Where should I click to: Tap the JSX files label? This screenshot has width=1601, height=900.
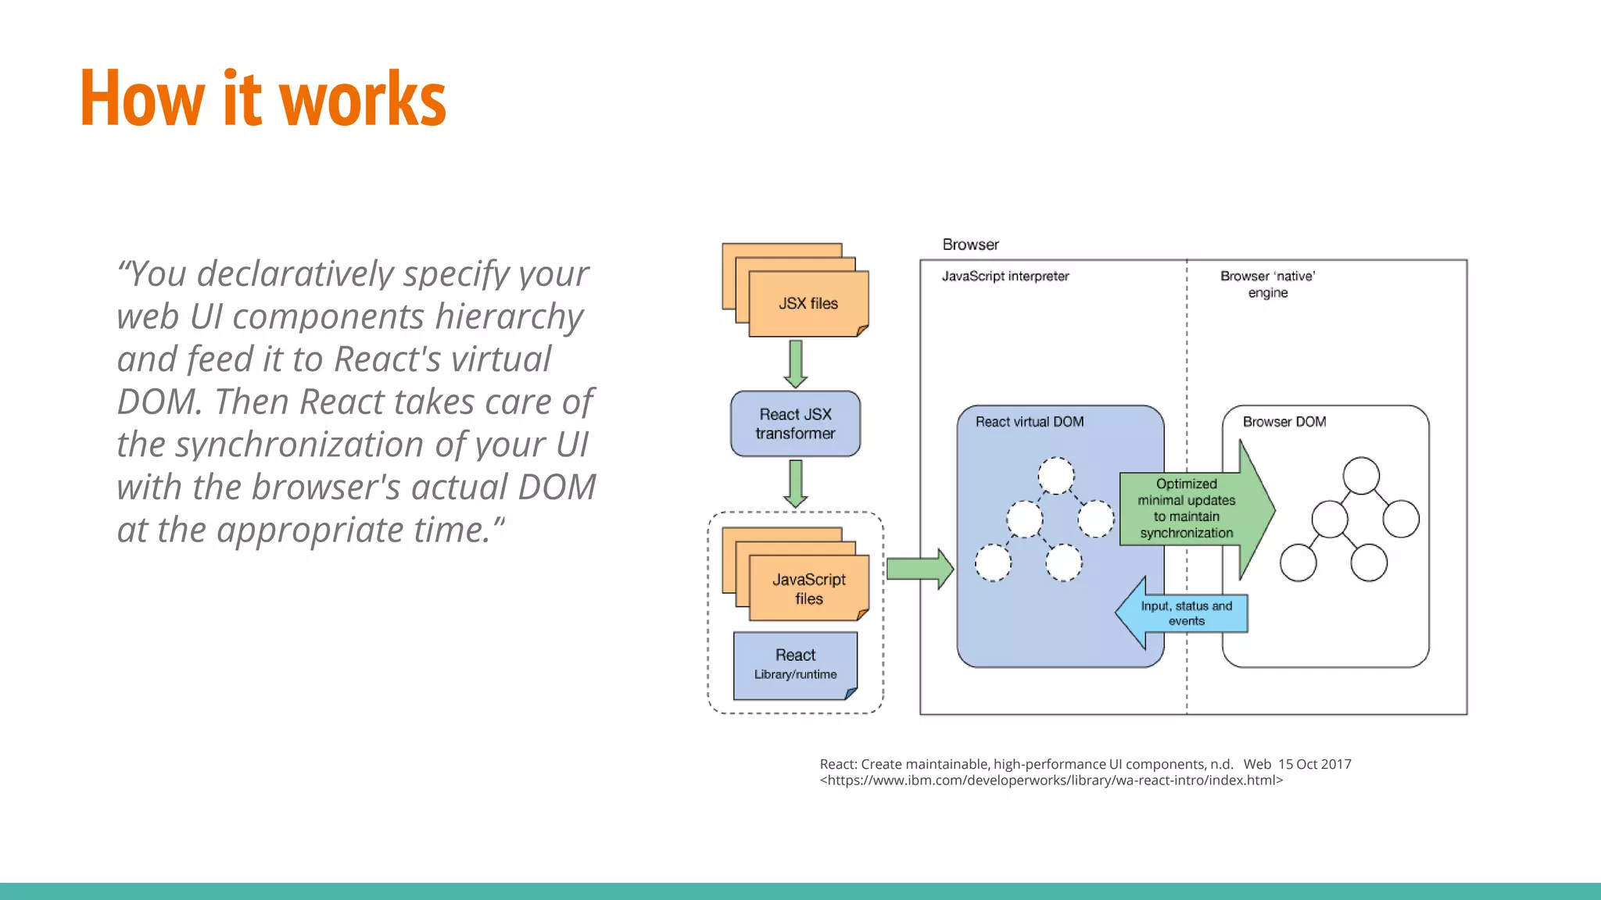pyautogui.click(x=808, y=304)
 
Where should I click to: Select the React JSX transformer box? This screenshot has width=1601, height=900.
pyautogui.click(x=795, y=424)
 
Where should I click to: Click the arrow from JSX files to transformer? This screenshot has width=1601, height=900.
pyautogui.click(x=795, y=363)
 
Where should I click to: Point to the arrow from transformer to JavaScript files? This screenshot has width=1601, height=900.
pyautogui.click(x=795, y=483)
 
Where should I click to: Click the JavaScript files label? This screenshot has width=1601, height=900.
pyautogui.click(x=808, y=589)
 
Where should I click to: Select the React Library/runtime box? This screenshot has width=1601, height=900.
pyautogui.click(x=795, y=664)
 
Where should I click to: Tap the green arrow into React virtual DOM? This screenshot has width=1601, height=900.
pyautogui.click(x=919, y=569)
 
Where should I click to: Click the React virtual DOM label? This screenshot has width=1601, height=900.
pyautogui.click(x=1029, y=422)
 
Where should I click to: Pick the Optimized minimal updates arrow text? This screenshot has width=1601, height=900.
pyautogui.click(x=1186, y=509)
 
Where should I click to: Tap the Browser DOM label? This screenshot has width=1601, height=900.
pyautogui.click(x=1284, y=422)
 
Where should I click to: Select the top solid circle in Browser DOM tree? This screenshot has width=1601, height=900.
pyautogui.click(x=1360, y=476)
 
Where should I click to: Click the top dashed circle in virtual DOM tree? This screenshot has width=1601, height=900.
pyautogui.click(x=1055, y=476)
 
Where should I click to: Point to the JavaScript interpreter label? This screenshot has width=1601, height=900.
pyautogui.click(x=1005, y=277)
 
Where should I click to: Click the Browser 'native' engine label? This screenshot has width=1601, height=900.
pyautogui.click(x=1267, y=284)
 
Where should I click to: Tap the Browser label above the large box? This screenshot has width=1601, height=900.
pyautogui.click(x=970, y=245)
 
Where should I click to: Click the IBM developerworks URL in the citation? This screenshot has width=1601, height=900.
pyautogui.click(x=1051, y=780)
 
